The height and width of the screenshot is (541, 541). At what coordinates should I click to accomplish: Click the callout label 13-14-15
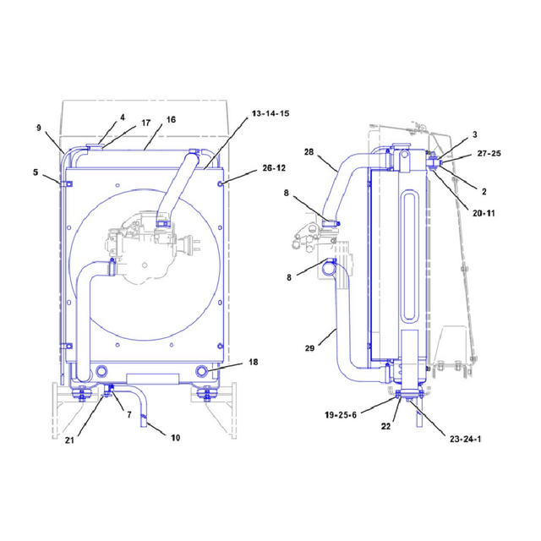[x=270, y=113]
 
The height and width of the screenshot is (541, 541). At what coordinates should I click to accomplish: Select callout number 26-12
[x=274, y=168]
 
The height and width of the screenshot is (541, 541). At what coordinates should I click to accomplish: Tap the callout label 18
[x=254, y=362]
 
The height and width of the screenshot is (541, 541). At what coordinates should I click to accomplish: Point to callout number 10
[x=175, y=438]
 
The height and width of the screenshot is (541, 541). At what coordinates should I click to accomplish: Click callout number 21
[x=69, y=440]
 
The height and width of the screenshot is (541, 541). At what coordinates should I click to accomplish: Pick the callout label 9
[x=39, y=128]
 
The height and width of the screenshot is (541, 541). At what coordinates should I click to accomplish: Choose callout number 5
[x=36, y=172]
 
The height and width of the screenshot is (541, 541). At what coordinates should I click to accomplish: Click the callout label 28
[x=309, y=152]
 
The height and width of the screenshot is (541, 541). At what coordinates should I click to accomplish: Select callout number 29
[x=309, y=348]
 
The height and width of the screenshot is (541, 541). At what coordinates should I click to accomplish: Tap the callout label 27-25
[x=489, y=153]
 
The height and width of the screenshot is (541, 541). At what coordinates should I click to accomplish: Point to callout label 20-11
[x=484, y=213]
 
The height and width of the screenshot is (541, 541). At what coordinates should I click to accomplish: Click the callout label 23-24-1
[x=465, y=439]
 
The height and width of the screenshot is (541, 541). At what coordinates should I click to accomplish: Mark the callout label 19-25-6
[x=341, y=415]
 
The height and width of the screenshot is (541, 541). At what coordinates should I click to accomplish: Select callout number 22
[x=385, y=426]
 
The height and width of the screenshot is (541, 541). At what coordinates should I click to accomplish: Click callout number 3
[x=475, y=134]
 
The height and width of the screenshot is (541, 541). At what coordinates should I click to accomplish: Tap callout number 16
[x=171, y=120]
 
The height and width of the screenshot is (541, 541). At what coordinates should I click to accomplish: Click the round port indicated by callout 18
[x=202, y=371]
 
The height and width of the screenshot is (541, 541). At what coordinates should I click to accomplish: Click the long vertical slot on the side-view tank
[x=410, y=257]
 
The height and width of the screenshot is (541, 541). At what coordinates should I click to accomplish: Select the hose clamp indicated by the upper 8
[x=331, y=223]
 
